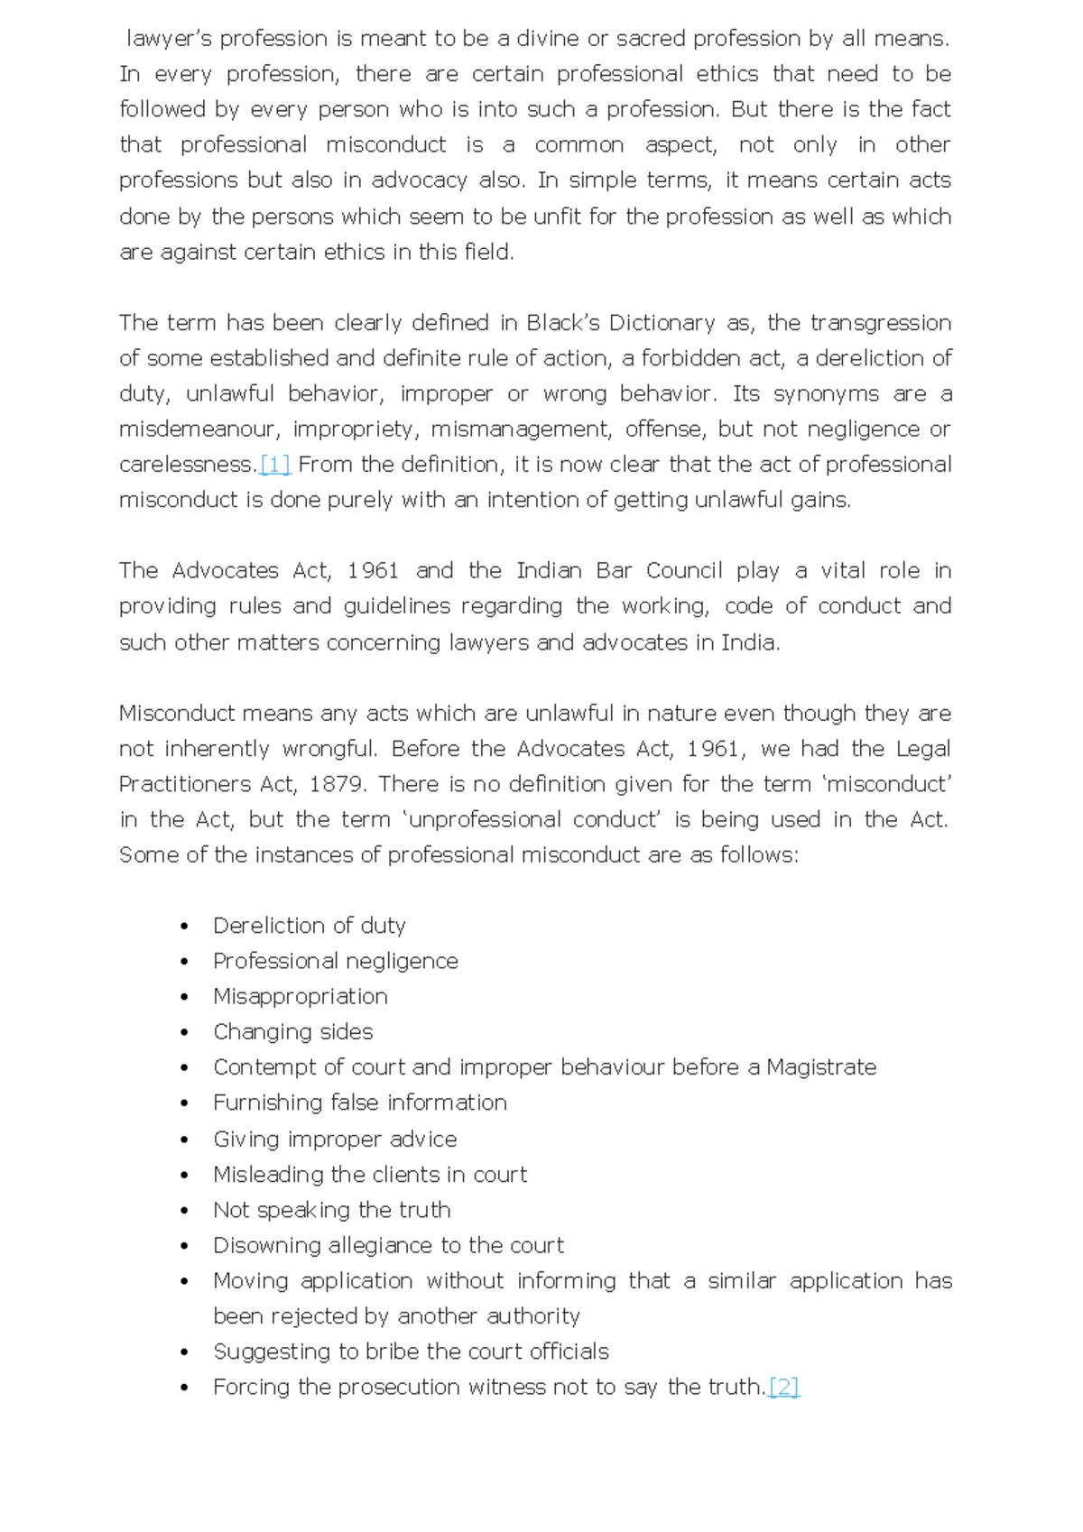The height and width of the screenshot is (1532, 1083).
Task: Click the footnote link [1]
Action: (274, 465)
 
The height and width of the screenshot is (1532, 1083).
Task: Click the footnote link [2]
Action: (783, 1387)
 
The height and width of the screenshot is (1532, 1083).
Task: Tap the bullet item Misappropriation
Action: (300, 996)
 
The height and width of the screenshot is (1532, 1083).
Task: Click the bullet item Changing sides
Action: (292, 1031)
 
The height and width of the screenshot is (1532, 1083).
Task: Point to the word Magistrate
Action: (821, 1067)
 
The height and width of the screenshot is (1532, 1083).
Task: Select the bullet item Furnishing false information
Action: (359, 1103)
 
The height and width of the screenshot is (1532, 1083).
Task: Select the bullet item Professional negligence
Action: (335, 961)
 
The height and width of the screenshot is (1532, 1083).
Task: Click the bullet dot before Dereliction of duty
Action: (184, 927)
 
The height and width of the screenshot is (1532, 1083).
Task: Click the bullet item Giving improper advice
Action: (334, 1139)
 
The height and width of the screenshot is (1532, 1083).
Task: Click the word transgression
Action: (880, 323)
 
